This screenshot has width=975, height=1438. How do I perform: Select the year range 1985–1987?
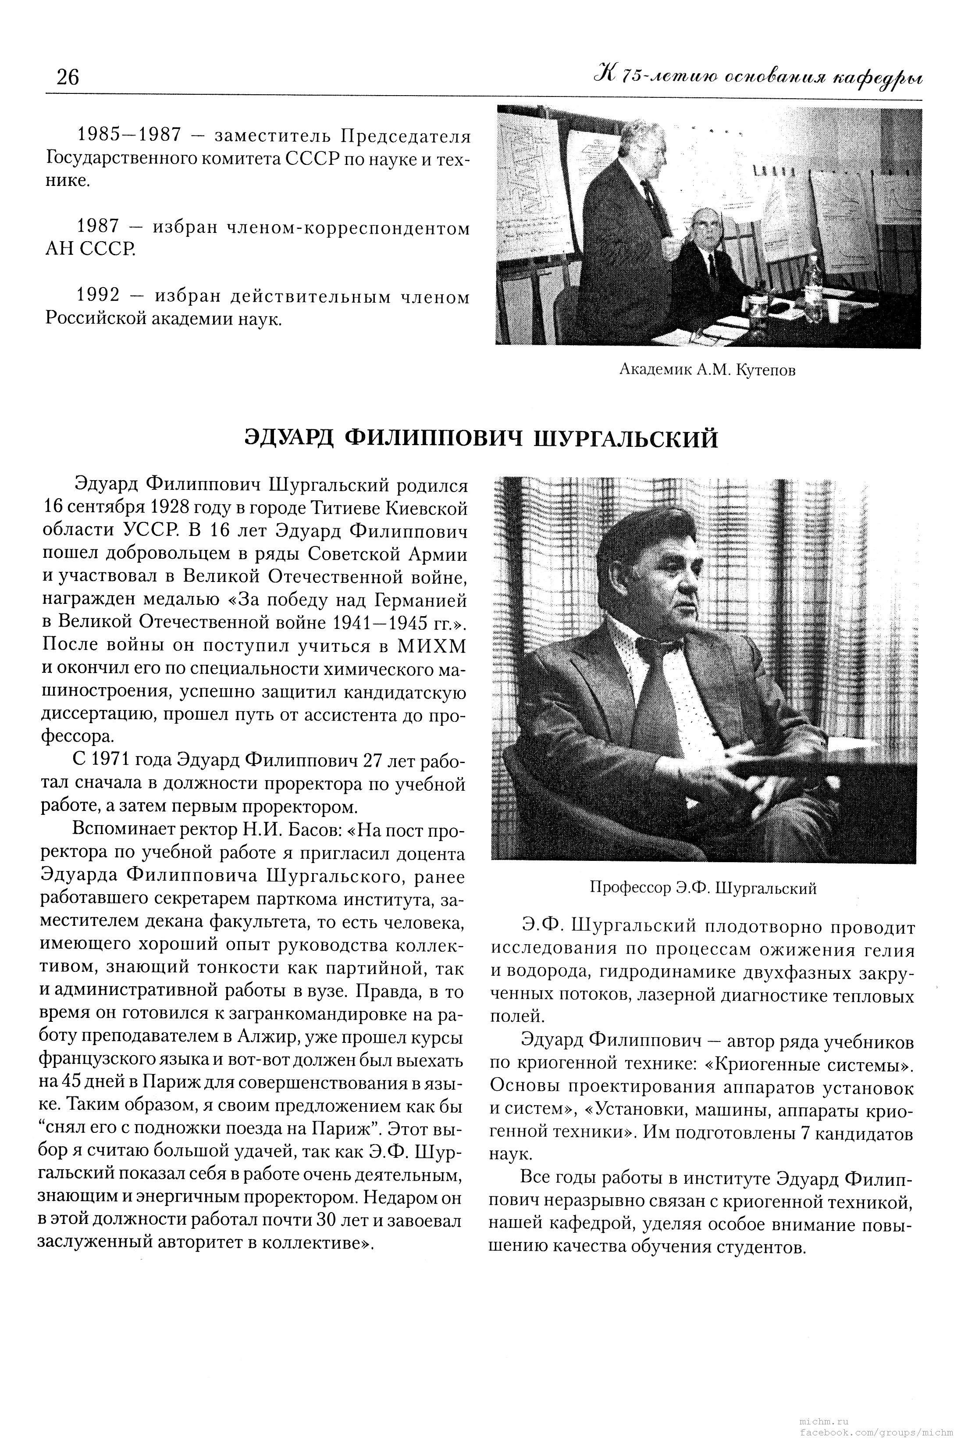pos(129,135)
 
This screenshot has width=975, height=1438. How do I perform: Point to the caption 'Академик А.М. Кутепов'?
pos(707,370)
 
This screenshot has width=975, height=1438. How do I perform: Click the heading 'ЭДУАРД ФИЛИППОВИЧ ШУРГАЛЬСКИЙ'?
pos(481,438)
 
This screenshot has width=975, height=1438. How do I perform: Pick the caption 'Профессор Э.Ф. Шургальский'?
pos(703,888)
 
